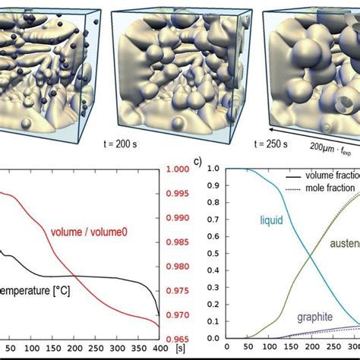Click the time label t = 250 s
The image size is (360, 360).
coord(270,142)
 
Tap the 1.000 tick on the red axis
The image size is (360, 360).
coord(177,169)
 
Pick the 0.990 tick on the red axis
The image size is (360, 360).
coord(177,218)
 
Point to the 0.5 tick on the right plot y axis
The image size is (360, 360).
coord(213,254)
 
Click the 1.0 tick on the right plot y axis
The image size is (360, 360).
coord(213,169)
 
